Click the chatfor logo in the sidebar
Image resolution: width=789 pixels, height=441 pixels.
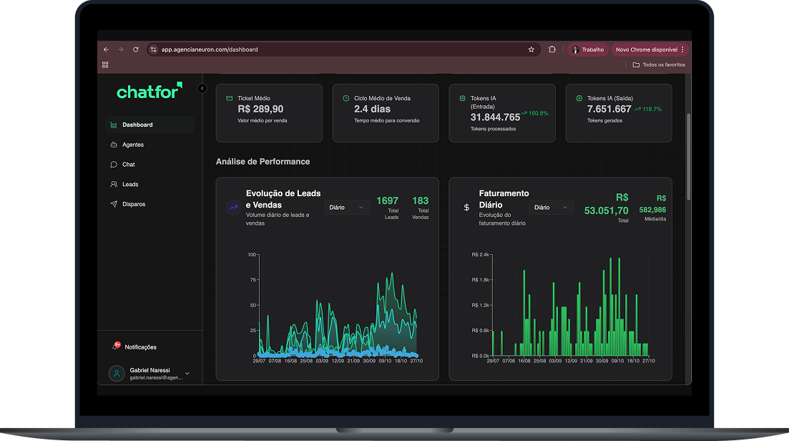pyautogui.click(x=149, y=91)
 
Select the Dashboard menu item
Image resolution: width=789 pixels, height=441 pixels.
pyautogui.click(x=137, y=125)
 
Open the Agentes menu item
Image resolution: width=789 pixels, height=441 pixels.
pyautogui.click(x=132, y=145)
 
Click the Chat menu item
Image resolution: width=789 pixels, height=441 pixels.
pyautogui.click(x=128, y=165)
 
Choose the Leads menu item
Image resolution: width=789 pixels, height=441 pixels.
pyautogui.click(x=130, y=184)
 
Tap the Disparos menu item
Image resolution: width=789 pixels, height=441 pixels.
pyautogui.click(x=133, y=204)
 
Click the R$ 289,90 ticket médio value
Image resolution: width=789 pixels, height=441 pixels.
pyautogui.click(x=260, y=109)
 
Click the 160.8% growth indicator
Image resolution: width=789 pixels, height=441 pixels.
pyautogui.click(x=534, y=113)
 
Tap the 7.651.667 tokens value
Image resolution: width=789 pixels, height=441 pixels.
pyautogui.click(x=609, y=109)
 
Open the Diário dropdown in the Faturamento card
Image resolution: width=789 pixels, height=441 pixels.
pyautogui.click(x=551, y=207)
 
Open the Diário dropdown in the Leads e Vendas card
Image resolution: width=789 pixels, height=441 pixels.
pyautogui.click(x=346, y=207)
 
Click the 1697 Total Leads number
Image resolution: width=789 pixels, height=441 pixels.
pyautogui.click(x=387, y=200)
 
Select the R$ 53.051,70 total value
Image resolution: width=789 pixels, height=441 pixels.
pyautogui.click(x=606, y=210)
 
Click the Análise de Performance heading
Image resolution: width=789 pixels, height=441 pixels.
pyautogui.click(x=263, y=162)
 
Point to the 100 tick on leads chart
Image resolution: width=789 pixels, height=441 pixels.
pyautogui.click(x=251, y=254)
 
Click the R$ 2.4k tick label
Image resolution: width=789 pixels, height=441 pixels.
pyautogui.click(x=480, y=254)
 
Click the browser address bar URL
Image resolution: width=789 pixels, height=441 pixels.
pyautogui.click(x=210, y=49)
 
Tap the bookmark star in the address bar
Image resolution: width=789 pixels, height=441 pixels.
pyautogui.click(x=531, y=49)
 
